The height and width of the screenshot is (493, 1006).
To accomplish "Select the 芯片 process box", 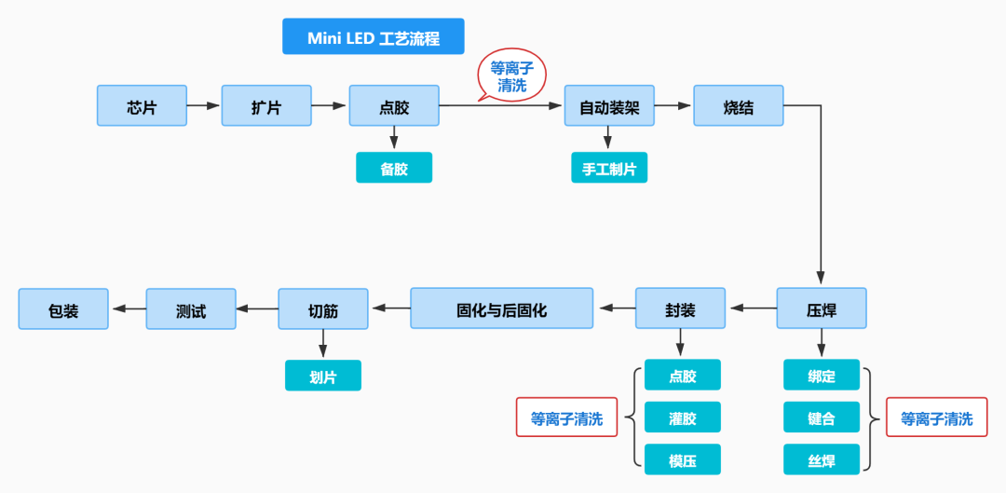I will point(142,105).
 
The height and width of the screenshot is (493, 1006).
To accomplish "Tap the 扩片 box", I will point(265,105).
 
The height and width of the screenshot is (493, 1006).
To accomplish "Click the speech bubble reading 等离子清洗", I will point(511,76).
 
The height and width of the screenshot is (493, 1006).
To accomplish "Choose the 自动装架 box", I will point(609,105).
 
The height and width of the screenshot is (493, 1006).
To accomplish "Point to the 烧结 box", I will point(738,105).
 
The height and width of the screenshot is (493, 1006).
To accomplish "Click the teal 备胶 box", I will point(394,168).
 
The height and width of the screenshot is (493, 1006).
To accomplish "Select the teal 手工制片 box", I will point(609,168).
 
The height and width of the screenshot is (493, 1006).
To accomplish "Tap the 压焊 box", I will point(822,308).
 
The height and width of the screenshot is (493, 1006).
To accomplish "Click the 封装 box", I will point(680,308).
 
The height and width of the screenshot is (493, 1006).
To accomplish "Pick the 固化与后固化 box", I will point(501,308).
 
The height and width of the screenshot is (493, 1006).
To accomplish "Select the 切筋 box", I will point(322,308).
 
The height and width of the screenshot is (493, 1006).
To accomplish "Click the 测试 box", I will point(190,308).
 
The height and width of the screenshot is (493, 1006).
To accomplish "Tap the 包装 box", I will point(63,308).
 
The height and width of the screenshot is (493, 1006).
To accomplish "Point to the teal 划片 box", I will point(322,375).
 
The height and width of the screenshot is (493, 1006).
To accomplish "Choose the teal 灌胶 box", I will point(682,418).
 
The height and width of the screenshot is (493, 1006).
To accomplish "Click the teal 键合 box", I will point(822,418).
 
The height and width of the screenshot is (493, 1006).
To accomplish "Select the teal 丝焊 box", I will point(822,459).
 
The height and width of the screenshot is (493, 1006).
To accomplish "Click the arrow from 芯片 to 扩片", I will point(203,105).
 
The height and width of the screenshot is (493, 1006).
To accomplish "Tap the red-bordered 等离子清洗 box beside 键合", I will point(936,418).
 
